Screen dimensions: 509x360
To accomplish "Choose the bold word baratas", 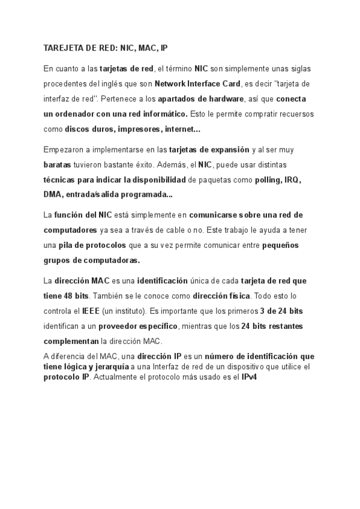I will tap(58, 164).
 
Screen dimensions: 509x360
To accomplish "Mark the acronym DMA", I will tap(53, 194).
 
